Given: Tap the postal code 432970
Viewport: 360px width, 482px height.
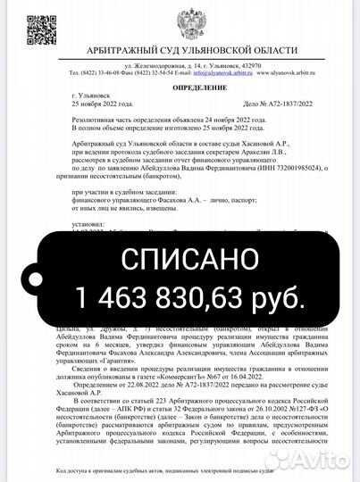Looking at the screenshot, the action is click(250, 66).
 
